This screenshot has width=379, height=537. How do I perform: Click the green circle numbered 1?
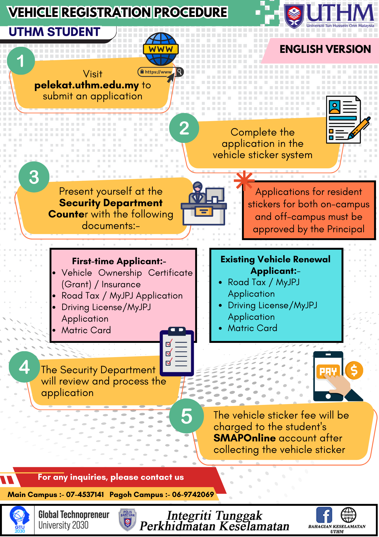click(21, 61)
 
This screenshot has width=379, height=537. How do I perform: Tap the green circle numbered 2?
click(184, 128)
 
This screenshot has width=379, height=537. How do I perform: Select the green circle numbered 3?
click(34, 177)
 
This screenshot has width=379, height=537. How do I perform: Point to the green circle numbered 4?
click(24, 367)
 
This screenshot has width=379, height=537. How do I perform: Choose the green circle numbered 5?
click(187, 416)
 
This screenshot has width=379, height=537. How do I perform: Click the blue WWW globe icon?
click(161, 49)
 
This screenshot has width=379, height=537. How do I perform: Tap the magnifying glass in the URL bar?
click(180, 71)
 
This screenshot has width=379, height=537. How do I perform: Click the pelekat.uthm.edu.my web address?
click(87, 85)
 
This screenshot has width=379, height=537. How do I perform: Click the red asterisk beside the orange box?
click(244, 180)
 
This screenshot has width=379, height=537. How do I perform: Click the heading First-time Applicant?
click(119, 261)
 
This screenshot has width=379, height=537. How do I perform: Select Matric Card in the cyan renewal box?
click(252, 328)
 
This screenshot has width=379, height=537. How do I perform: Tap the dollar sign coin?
click(354, 370)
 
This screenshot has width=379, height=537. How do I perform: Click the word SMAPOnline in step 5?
click(244, 438)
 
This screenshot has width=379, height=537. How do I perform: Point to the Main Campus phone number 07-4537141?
click(85, 494)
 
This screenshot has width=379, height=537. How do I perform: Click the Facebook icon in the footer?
click(324, 515)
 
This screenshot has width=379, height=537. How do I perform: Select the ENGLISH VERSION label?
click(325, 49)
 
